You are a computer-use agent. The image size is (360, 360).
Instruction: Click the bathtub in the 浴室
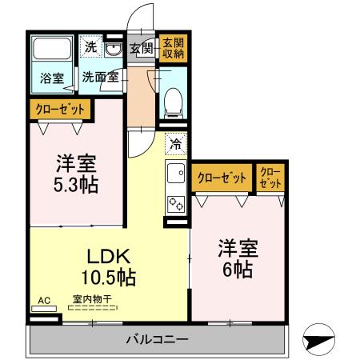52,50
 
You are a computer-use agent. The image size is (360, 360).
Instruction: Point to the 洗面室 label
101,78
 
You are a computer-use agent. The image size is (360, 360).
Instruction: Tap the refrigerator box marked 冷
174,146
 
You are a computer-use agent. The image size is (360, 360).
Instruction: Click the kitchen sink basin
175,172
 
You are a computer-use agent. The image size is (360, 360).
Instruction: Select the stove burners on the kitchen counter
175,202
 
